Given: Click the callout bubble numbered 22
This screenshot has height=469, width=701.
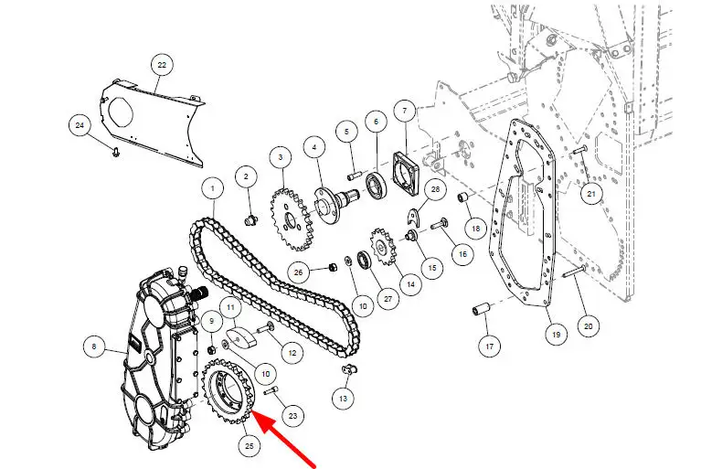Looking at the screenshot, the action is click(x=162, y=65).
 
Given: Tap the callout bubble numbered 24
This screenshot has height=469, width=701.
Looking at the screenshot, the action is click(x=80, y=125).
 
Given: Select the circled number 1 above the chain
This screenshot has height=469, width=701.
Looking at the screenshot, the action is click(x=212, y=188).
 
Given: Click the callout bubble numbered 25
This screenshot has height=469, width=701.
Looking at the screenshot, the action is click(x=249, y=446).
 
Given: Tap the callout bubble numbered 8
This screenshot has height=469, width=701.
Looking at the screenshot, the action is click(x=94, y=346).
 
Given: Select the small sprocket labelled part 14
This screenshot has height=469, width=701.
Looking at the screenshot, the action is click(x=384, y=246).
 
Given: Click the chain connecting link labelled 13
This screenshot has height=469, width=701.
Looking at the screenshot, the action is click(x=348, y=369).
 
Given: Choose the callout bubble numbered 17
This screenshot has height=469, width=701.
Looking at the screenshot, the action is click(x=490, y=346).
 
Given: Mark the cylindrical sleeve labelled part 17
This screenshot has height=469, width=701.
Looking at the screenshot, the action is click(x=482, y=309).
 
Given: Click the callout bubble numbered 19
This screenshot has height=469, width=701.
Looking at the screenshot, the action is click(x=557, y=335).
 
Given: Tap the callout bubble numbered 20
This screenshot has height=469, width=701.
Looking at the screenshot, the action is click(x=589, y=326).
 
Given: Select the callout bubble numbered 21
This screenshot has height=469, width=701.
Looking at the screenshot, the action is click(x=591, y=194).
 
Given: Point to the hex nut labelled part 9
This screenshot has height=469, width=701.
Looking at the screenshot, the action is click(x=212, y=348).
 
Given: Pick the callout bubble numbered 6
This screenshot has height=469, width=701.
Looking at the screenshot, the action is click(x=376, y=122).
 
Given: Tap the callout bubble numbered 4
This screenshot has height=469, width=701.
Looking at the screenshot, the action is click(x=314, y=147).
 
